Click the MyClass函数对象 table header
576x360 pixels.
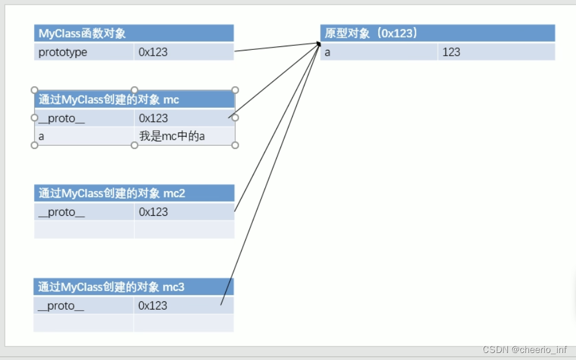[82, 33]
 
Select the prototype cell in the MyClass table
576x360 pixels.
[63, 52]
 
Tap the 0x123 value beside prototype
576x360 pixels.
[153, 52]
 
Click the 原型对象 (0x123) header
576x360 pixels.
[371, 33]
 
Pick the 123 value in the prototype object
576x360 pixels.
[451, 52]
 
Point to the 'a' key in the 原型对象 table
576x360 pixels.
[328, 52]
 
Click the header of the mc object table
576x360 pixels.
[109, 100]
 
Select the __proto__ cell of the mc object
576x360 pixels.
[61, 118]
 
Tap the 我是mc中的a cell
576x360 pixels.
[172, 136]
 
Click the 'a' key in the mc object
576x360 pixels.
[42, 136]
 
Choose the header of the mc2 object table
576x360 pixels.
[112, 193]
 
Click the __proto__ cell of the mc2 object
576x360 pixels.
[61, 212]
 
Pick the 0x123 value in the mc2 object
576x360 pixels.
[153, 212]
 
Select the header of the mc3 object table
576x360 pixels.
[111, 287]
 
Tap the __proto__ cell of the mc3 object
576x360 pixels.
[61, 305]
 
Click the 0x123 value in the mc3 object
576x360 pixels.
[153, 305]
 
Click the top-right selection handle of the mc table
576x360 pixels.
[235, 90]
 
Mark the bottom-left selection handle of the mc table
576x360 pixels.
[35, 145]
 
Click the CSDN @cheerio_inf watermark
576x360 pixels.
[525, 349]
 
